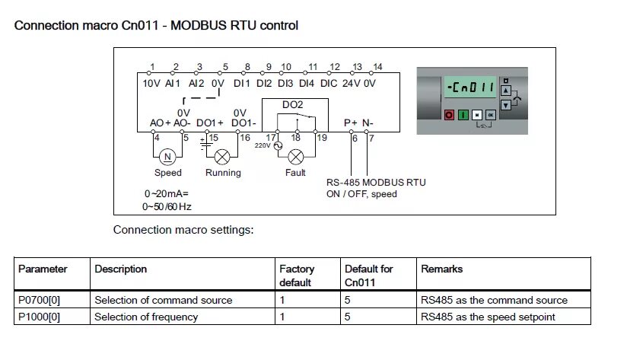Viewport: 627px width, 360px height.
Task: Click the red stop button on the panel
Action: point(449,114)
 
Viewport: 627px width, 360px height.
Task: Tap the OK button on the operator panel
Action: point(491,114)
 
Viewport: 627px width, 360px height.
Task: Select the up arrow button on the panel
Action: point(504,88)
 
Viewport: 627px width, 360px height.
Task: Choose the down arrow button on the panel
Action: point(504,104)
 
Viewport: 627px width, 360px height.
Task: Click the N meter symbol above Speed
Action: point(167,157)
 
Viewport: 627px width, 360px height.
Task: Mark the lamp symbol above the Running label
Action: point(223,157)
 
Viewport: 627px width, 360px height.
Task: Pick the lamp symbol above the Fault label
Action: point(295,157)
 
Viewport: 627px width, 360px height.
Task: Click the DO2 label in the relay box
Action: point(292,104)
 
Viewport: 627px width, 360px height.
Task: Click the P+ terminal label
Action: point(350,122)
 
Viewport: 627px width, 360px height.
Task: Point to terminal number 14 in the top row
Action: point(377,67)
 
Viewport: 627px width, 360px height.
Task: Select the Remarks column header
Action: point(441,269)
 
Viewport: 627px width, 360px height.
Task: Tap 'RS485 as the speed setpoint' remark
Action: point(488,317)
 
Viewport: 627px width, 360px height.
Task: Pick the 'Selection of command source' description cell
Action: point(163,300)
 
